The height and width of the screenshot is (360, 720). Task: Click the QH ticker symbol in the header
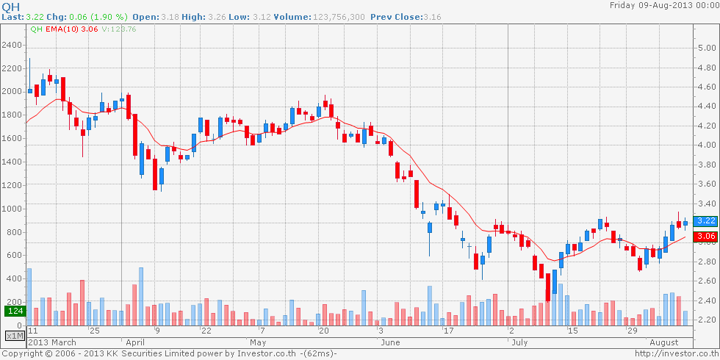coord(11,6)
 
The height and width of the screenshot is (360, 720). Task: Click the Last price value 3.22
coord(33,16)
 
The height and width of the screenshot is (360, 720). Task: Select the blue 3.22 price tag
coord(706,220)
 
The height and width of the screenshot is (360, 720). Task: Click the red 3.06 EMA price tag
coord(706,236)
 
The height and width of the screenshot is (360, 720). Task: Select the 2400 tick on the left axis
coord(12,45)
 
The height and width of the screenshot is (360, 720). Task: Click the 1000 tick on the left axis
coord(12,209)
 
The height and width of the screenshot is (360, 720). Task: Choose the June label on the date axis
coord(390,342)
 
